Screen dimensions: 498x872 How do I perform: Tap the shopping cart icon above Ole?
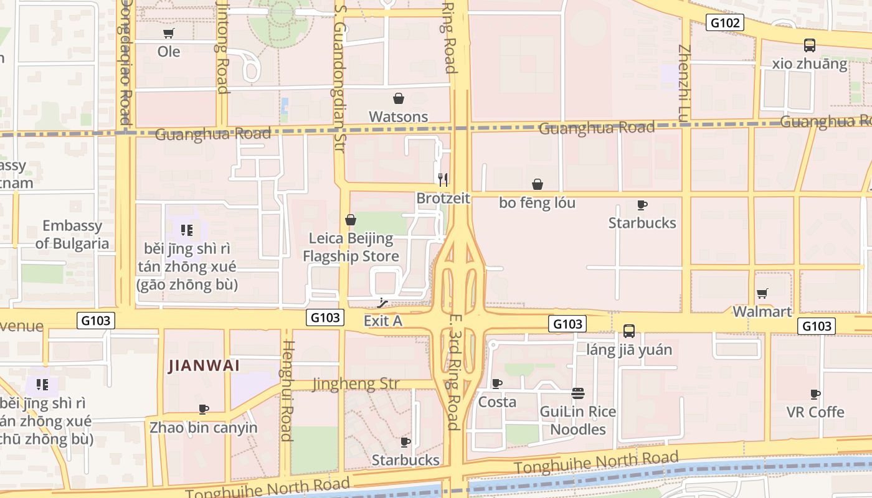[168, 33]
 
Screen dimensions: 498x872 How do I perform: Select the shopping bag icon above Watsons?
[399, 98]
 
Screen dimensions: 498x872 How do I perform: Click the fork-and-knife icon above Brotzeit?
[443, 180]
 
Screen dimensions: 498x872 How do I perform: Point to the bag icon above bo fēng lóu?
[537, 184]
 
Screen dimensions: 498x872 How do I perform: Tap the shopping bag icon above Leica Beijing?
[351, 220]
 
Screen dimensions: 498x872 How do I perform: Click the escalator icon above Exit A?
[383, 303]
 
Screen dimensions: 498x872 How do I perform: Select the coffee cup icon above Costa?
[496, 383]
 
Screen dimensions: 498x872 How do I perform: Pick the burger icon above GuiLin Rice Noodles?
[577, 393]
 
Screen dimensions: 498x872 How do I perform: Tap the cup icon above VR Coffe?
[815, 394]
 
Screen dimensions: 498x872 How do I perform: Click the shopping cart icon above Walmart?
[762, 293]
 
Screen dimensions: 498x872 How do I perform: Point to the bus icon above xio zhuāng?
[809, 45]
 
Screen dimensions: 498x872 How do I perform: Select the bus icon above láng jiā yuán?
[629, 331]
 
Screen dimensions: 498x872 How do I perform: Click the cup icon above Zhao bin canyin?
[203, 410]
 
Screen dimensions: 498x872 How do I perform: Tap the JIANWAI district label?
[204, 366]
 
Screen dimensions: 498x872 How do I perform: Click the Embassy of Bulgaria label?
[72, 235]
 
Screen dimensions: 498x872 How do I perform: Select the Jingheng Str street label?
[356, 384]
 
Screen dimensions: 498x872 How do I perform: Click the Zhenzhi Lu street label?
[685, 83]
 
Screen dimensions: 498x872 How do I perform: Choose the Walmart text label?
[762, 311]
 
